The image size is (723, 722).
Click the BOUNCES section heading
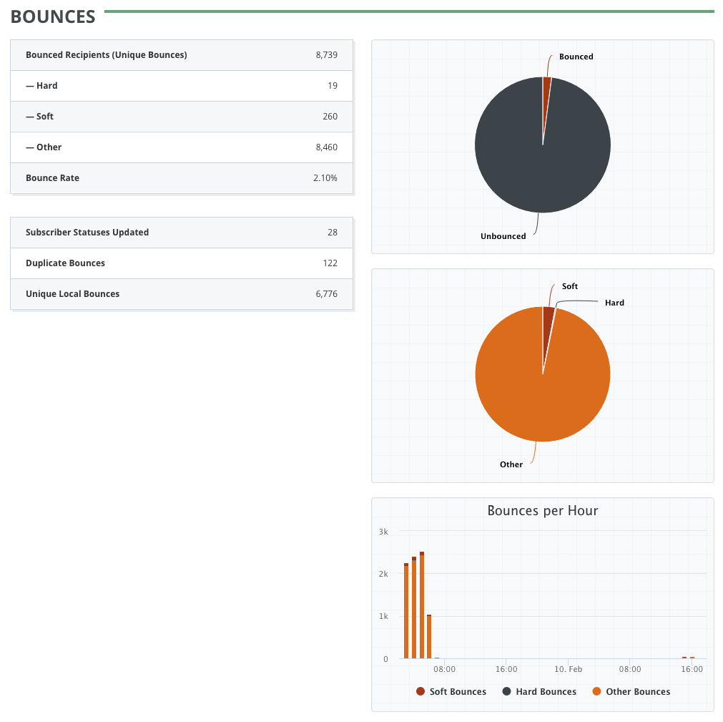pos(53,17)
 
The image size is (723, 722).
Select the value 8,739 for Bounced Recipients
pos(326,55)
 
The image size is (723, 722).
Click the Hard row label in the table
pos(41,86)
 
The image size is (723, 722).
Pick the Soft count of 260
pos(330,117)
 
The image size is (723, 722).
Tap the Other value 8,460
pos(326,147)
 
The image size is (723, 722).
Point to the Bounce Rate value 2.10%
pos(325,178)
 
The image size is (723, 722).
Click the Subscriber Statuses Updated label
pos(87,233)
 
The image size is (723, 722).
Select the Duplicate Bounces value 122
pos(330,263)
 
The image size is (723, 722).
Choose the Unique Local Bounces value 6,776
pos(326,294)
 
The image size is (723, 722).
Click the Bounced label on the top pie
pos(576,57)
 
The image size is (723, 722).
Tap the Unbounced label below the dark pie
pos(503,236)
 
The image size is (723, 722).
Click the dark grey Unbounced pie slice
pos(529,157)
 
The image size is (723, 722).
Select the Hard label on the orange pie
pos(614,303)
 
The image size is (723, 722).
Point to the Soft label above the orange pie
pos(569,286)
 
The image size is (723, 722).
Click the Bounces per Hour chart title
pos(542,511)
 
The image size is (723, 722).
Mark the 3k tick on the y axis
pos(383,532)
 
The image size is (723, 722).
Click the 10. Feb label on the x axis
pos(569,670)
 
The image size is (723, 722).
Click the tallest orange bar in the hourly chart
pos(422,608)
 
